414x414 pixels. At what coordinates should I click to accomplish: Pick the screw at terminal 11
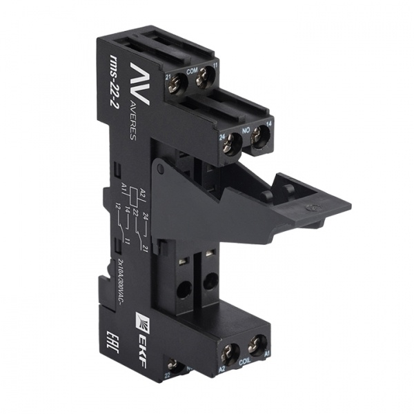204,81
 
